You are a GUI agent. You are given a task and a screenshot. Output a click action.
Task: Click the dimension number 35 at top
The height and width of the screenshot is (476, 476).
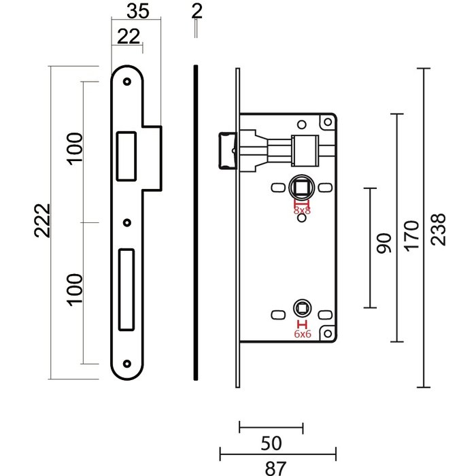(x=138, y=11)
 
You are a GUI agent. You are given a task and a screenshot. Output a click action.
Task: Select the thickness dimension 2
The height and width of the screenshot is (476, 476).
(x=197, y=11)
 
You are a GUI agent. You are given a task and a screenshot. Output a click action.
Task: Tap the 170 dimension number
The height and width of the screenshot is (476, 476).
(x=411, y=235)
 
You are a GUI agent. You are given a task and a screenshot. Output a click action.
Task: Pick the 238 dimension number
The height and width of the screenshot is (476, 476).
(x=439, y=230)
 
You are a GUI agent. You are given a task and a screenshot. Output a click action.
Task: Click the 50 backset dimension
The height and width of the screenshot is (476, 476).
(x=271, y=443)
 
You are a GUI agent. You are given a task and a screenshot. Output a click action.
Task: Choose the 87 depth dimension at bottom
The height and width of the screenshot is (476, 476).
(x=277, y=468)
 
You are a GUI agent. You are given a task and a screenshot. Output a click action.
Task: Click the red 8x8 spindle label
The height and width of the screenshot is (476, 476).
(x=301, y=211)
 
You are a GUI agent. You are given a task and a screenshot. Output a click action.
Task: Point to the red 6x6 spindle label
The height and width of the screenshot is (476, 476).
(x=301, y=334)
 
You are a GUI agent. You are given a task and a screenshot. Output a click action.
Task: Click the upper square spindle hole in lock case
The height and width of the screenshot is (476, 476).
(x=301, y=186)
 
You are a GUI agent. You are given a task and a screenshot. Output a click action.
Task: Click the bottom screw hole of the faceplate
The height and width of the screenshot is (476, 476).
(x=127, y=363)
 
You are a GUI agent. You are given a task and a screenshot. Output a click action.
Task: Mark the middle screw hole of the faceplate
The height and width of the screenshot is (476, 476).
(x=127, y=222)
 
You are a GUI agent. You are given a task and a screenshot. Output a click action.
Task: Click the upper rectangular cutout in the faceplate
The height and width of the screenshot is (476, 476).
(x=127, y=155)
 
